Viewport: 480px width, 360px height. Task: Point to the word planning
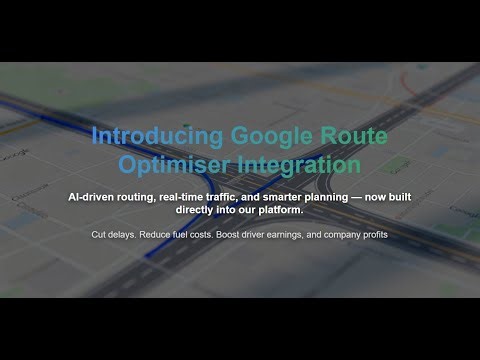354,197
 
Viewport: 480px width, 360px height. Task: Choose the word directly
194,210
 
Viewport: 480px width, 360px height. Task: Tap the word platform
282,210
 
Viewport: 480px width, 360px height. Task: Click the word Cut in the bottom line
100,235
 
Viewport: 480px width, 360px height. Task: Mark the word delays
127,235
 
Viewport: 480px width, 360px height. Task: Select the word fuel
187,235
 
